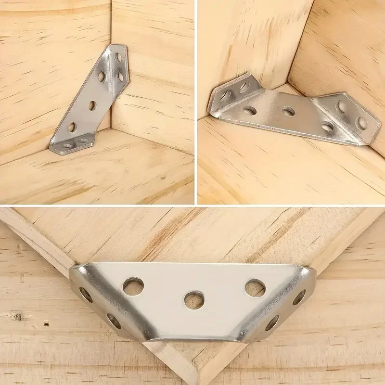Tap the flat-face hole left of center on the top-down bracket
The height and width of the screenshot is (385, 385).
click(133, 286)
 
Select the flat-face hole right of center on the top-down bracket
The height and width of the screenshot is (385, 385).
click(255, 288)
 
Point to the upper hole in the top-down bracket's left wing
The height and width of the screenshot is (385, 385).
click(86, 295)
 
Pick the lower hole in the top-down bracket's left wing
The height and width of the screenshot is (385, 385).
click(114, 321)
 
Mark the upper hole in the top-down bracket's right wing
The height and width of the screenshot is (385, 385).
click(299, 297)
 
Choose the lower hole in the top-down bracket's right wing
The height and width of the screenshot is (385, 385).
click(272, 322)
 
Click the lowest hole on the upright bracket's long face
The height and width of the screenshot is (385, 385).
click(72, 128)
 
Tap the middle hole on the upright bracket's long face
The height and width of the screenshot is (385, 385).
click(92, 105)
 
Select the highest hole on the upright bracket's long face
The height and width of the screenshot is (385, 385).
click(102, 76)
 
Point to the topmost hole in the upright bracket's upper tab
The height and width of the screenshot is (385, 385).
click(118, 57)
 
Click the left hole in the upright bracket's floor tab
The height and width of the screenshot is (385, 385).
click(66, 145)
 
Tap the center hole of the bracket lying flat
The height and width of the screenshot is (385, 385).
click(288, 112)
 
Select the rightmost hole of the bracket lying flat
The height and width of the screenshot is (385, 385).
click(361, 124)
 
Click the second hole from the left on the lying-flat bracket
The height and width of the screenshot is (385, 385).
click(250, 111)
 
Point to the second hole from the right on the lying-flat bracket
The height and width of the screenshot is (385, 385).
click(328, 127)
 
